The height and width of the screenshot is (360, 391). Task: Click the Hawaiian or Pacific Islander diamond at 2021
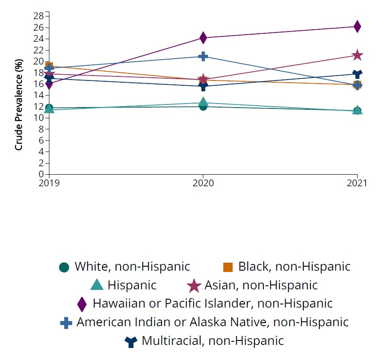[357, 27]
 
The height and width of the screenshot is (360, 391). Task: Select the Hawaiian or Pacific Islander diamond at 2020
[203, 38]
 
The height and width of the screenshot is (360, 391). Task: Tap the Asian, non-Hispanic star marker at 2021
[357, 55]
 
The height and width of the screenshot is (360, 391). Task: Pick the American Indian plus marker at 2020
[203, 56]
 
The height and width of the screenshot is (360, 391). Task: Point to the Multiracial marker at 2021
[357, 74]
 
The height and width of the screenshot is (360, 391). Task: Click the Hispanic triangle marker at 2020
[203, 102]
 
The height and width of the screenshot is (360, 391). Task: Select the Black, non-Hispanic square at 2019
[49, 67]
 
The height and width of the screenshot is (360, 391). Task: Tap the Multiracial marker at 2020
[203, 86]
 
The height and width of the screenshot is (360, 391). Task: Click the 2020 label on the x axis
[203, 183]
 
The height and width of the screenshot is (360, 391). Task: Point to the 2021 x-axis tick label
[357, 183]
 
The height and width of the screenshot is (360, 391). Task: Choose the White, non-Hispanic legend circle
[64, 267]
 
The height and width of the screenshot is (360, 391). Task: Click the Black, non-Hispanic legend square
[228, 267]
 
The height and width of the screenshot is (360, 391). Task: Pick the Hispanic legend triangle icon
[97, 285]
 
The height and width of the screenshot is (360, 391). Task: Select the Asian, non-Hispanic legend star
[194, 285]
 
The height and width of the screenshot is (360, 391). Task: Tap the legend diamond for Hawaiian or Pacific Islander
[82, 304]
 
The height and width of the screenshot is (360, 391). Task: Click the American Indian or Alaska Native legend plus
[66, 323]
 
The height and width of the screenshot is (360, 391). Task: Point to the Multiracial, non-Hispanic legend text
[213, 341]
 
